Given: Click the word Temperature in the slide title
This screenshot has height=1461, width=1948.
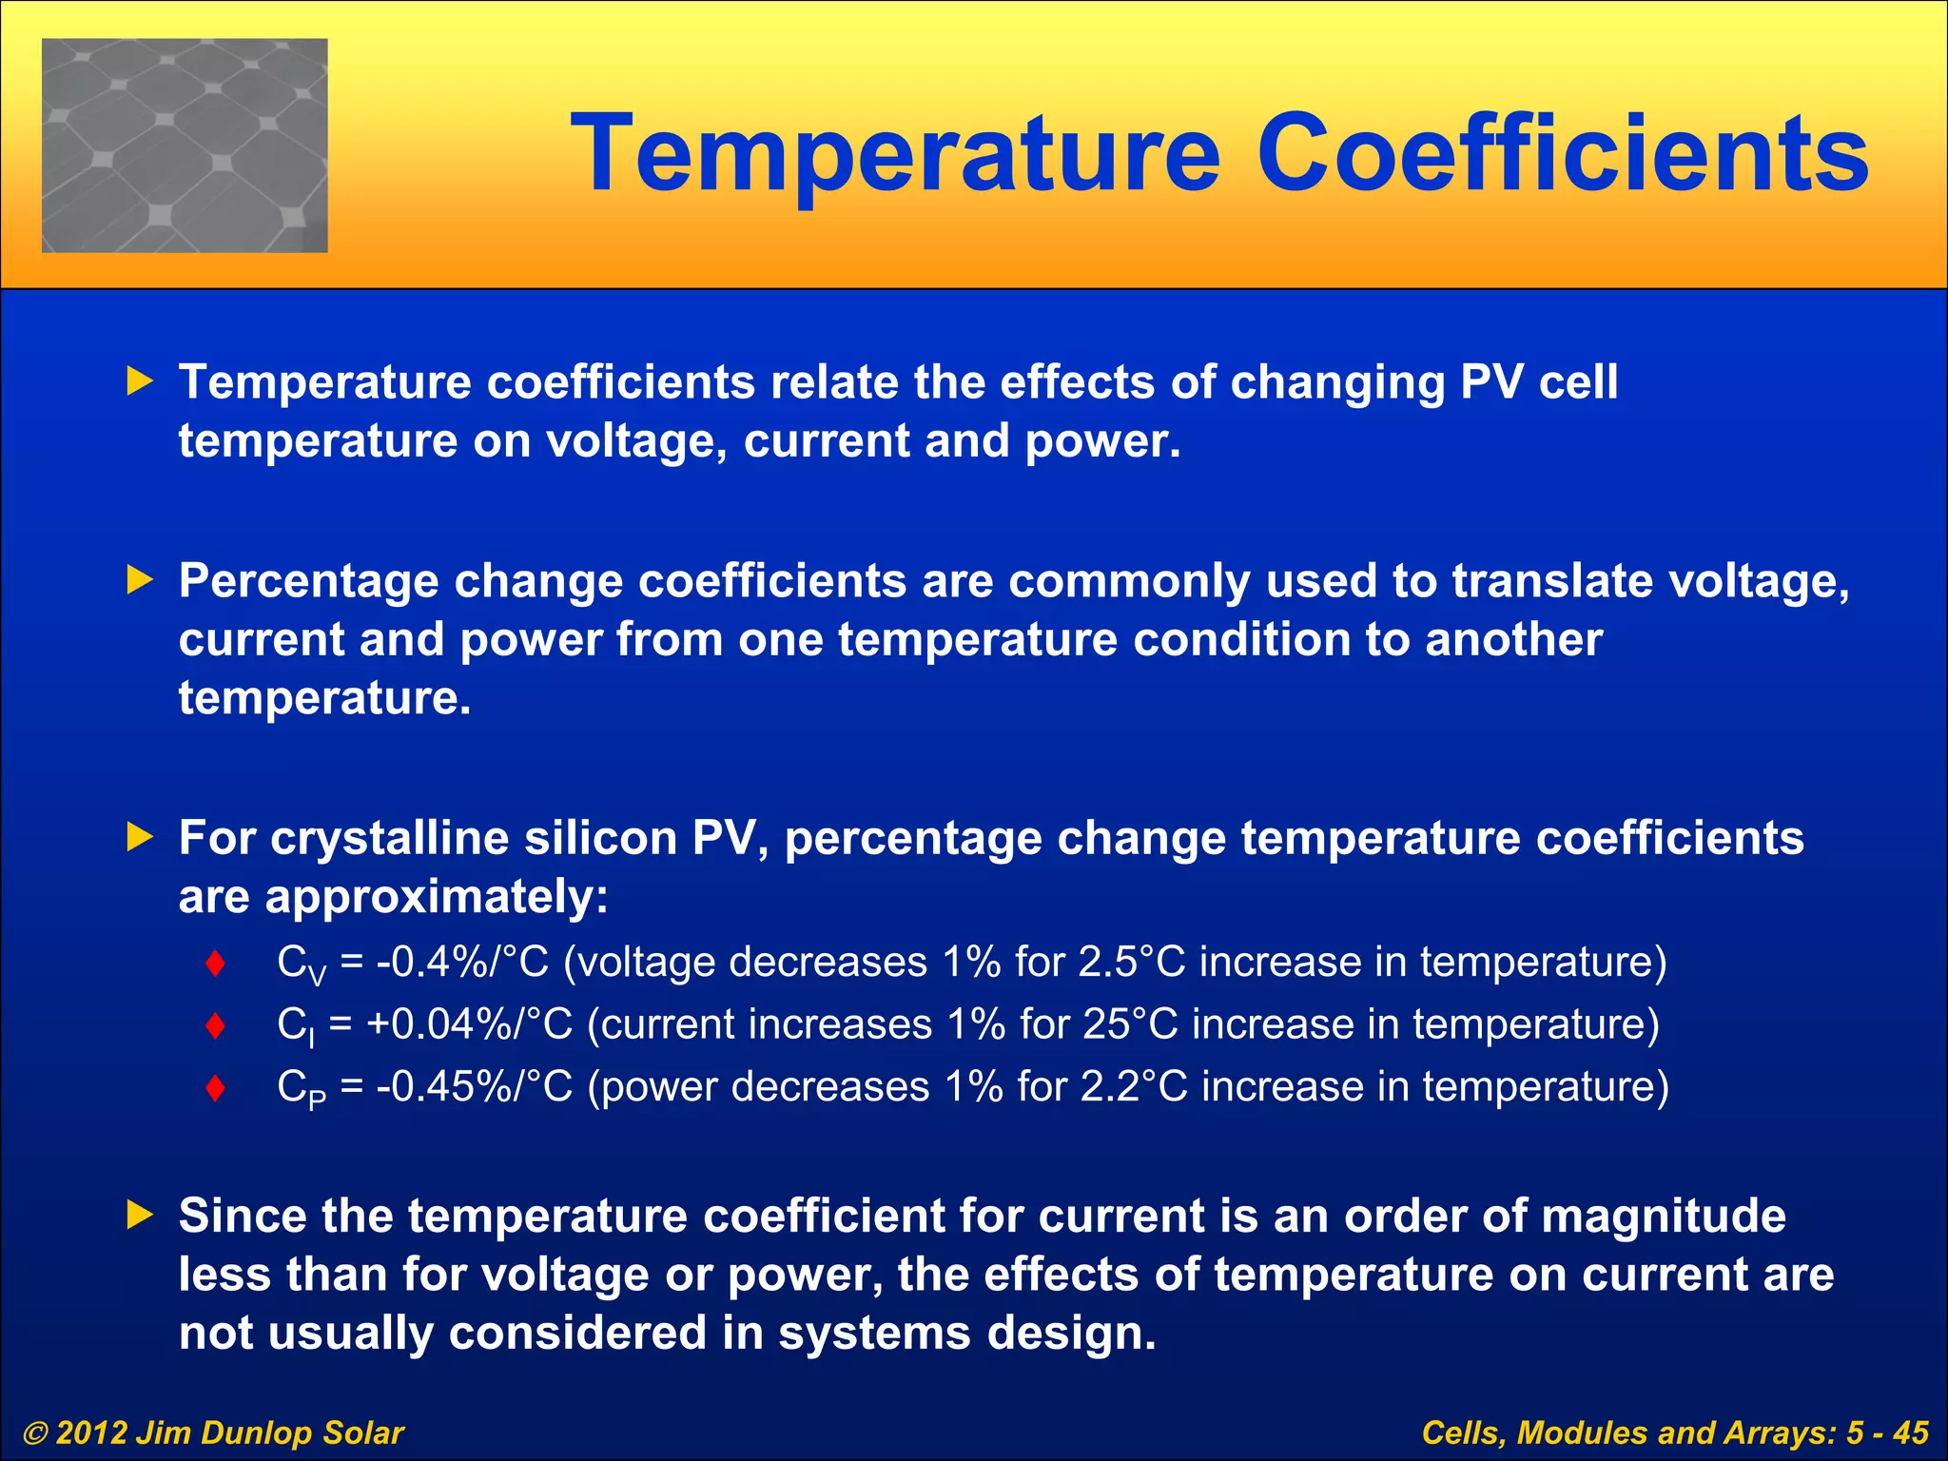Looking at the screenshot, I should coord(895,154).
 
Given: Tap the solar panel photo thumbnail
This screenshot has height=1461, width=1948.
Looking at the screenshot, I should coord(185,146).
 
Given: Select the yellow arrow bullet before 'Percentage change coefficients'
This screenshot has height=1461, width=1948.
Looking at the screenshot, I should coord(140,580).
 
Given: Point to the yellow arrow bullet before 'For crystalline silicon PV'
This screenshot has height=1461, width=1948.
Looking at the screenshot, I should coord(140,837).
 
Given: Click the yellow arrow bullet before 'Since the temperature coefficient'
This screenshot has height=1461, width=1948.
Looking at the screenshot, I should coord(140,1215).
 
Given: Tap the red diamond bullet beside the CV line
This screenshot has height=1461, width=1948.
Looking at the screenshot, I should coord(216,964).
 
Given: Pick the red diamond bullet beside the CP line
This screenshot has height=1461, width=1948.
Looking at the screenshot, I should coord(216,1087).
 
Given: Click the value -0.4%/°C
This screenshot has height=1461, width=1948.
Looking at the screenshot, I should coord(463,963).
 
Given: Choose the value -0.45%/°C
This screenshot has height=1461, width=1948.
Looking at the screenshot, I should coord(475,1086).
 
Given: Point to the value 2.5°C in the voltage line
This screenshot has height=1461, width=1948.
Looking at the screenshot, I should coord(1132,963).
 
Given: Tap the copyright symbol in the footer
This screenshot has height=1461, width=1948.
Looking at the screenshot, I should coord(35,1433).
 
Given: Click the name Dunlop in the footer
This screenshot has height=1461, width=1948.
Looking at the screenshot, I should coord(256,1433).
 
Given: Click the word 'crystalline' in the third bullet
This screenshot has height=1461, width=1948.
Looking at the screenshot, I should coord(392,838).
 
